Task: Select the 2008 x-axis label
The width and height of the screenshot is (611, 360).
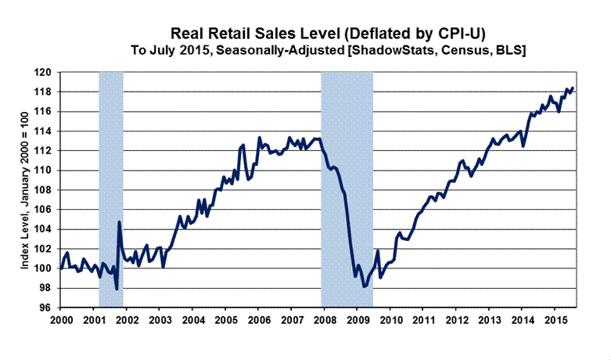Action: (x=325, y=320)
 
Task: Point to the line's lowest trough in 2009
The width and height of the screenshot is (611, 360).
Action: (x=364, y=286)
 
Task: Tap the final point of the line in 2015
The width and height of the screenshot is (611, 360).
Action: (x=572, y=88)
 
